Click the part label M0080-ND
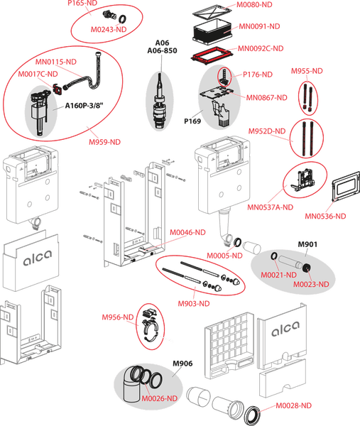pos(254,5)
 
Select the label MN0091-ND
pos(259,26)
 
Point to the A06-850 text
pos(162,50)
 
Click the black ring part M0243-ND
pos(123,19)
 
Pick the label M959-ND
pos(104,142)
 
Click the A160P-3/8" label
pos(84,106)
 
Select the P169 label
pos(192,121)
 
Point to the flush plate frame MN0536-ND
pos(346,186)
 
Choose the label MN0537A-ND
pos(270,207)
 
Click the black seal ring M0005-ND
pos(238,242)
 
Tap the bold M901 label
pos(307,244)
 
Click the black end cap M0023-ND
pos(307,268)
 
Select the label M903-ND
pos(194,303)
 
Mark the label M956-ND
pos(118,317)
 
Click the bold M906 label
pos(182,364)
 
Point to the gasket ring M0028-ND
pos(253,414)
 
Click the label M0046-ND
pos(187,232)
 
